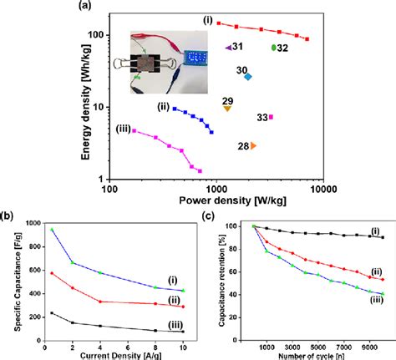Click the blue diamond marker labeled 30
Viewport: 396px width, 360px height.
246,76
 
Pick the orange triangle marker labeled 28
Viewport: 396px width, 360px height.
252,145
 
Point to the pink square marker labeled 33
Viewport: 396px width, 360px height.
271,117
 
